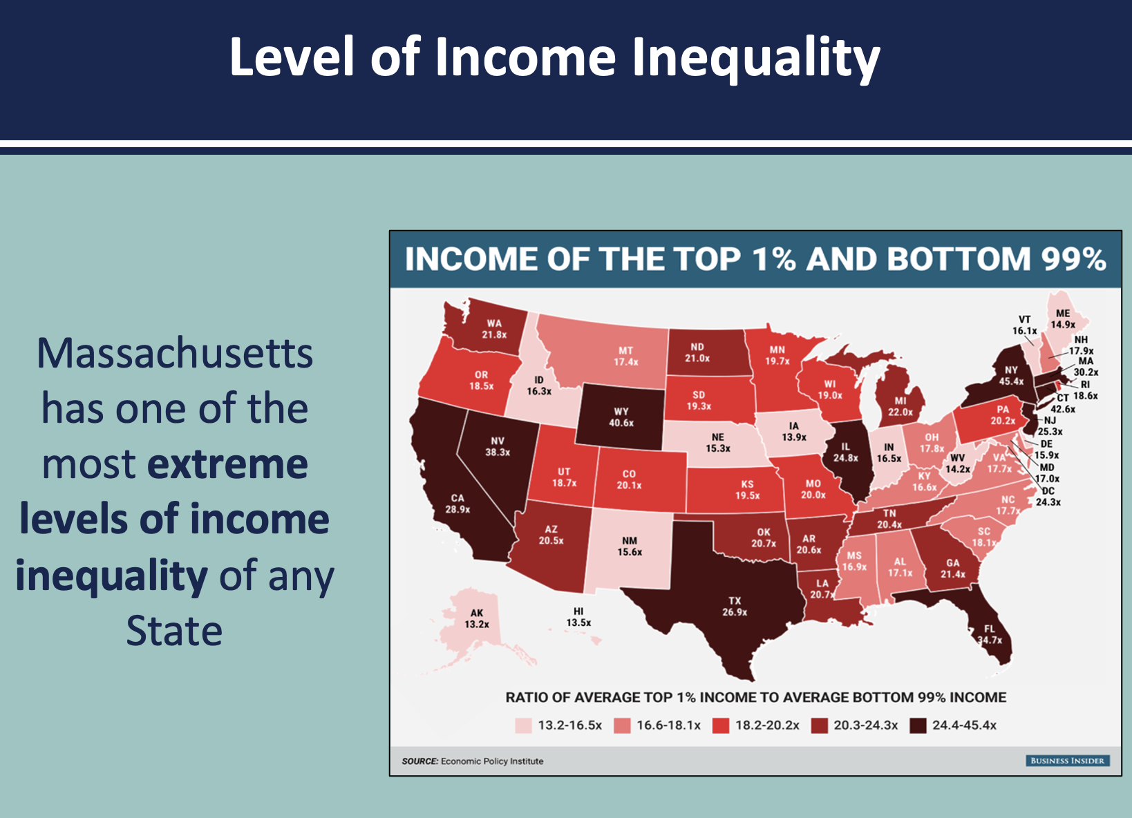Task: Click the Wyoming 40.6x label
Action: pyautogui.click(x=621, y=417)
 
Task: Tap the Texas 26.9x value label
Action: pyautogui.click(x=735, y=607)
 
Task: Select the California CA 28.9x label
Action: pyautogui.click(x=458, y=504)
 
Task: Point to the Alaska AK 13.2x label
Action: pyautogui.click(x=477, y=618)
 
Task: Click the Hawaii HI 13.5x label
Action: pyautogui.click(x=578, y=617)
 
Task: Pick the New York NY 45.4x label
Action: pyautogui.click(x=1011, y=375)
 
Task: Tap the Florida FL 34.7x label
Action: pyautogui.click(x=990, y=634)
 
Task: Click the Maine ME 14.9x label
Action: pyautogui.click(x=1063, y=318)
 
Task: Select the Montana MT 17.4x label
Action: pyautogui.click(x=626, y=356)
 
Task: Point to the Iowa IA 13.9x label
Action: pyautogui.click(x=794, y=432)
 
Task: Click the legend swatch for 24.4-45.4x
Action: pyautogui.click(x=918, y=725)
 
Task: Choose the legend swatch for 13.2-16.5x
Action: pyautogui.click(x=524, y=725)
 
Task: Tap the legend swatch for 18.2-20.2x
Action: pyautogui.click(x=721, y=725)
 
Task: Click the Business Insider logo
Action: pyautogui.click(x=1067, y=761)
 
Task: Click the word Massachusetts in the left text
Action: pyautogui.click(x=175, y=353)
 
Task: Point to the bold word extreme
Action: pyautogui.click(x=227, y=464)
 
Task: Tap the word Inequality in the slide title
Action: pyautogui.click(x=756, y=58)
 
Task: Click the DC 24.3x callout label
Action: pyautogui.click(x=1048, y=496)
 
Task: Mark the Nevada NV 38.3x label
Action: pyautogui.click(x=498, y=446)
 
